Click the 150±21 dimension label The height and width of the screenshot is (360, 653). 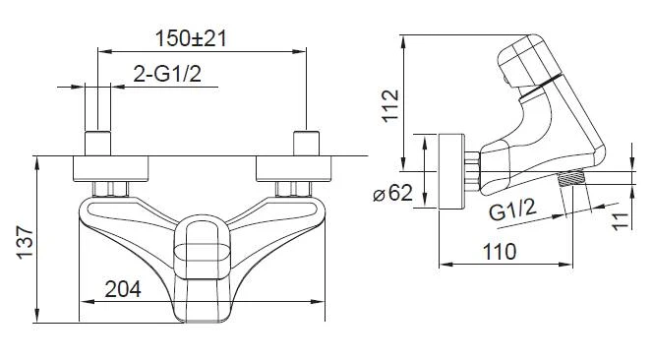[191, 38]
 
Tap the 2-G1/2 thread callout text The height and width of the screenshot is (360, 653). [167, 74]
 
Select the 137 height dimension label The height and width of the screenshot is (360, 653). [25, 243]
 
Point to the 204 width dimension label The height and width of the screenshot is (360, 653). [123, 289]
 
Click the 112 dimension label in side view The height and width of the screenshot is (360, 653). [390, 106]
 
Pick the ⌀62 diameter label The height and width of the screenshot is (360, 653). [393, 193]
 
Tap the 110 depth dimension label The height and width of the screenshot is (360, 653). [500, 252]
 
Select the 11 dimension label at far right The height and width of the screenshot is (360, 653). [621, 220]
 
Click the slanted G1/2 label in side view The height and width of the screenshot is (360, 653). [512, 210]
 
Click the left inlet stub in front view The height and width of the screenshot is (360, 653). [98, 144]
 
